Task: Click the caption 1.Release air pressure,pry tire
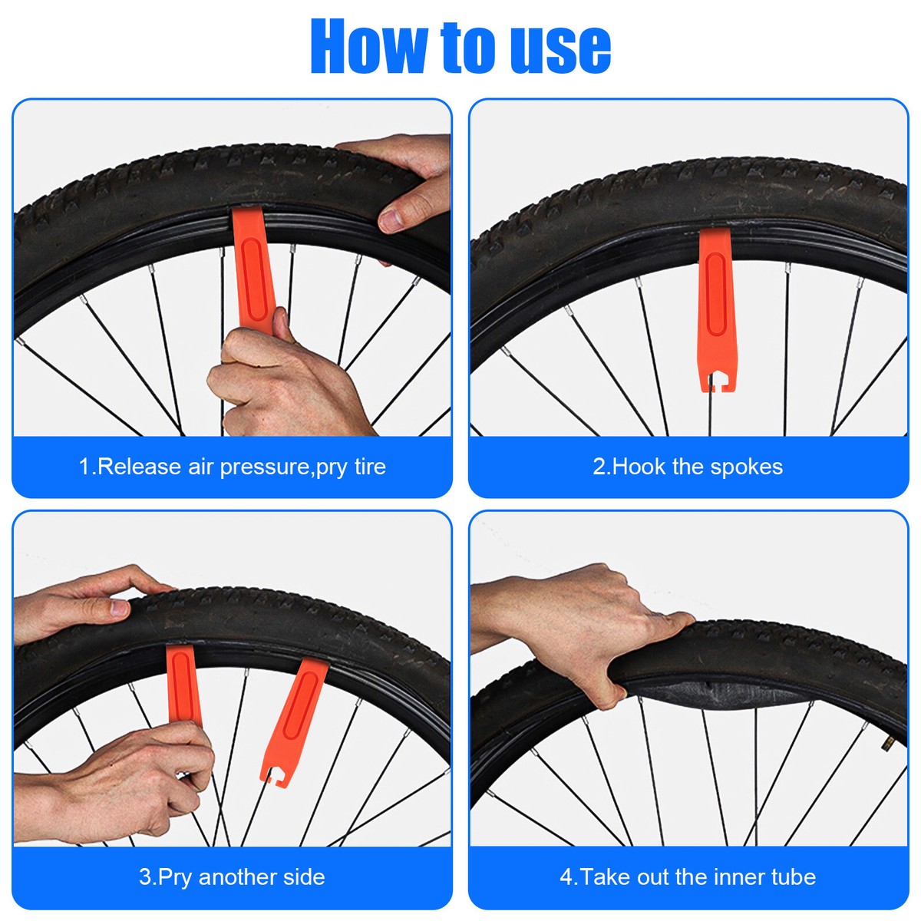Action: tap(232, 467)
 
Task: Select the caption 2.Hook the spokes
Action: tap(688, 467)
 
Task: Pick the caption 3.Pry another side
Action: tap(232, 876)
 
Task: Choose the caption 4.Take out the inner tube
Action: tap(688, 876)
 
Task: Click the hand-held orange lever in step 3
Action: tap(183, 683)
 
